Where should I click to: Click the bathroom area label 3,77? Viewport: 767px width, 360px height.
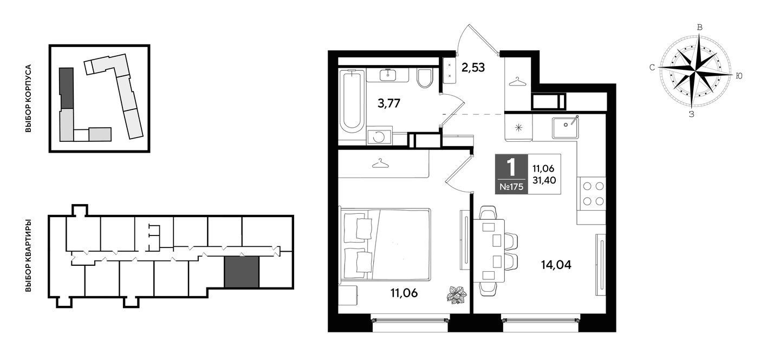(x=388, y=103)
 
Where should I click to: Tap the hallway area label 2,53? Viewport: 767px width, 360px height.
(x=473, y=68)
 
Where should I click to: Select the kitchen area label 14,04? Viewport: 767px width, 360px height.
(x=556, y=265)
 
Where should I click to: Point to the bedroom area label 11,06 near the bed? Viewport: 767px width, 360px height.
(x=404, y=293)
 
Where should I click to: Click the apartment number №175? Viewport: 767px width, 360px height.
(x=511, y=187)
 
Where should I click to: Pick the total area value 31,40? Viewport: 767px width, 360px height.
(x=544, y=180)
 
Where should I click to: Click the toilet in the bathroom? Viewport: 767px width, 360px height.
(x=425, y=78)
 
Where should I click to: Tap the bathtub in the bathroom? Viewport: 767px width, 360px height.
(x=352, y=101)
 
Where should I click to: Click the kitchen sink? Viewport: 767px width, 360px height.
(x=565, y=128)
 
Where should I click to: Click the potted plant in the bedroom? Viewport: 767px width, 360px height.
(x=457, y=294)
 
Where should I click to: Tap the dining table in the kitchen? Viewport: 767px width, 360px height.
(x=489, y=251)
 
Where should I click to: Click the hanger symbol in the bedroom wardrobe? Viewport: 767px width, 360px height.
(x=380, y=163)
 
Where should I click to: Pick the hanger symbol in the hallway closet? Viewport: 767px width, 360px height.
(x=517, y=82)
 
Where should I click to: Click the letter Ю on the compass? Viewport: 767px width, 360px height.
(x=739, y=76)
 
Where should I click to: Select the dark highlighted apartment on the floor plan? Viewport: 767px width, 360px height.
(x=242, y=272)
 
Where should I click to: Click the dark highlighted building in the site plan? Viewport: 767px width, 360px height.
(x=66, y=88)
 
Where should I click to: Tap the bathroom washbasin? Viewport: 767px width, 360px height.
(x=388, y=75)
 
